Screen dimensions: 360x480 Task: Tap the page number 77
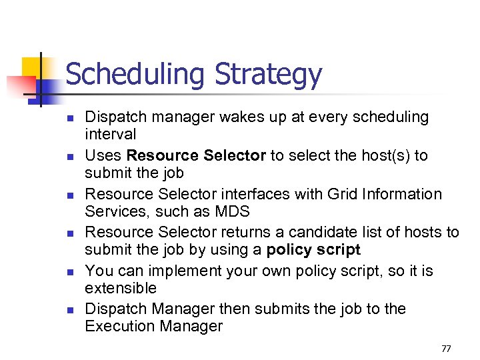click(x=446, y=349)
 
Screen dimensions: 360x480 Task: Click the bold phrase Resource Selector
click(x=197, y=156)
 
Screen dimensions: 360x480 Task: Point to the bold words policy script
click(x=313, y=250)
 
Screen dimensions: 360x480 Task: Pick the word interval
click(x=111, y=135)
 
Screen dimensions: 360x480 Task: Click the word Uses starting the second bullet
click(x=104, y=156)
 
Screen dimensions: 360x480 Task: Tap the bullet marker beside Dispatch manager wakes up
click(x=69, y=118)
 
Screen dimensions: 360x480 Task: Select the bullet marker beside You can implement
click(x=69, y=272)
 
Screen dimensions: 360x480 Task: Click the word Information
click(x=402, y=195)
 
